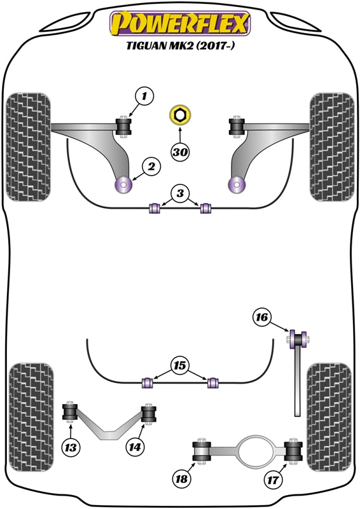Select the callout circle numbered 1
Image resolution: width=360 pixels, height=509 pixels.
click(x=144, y=97)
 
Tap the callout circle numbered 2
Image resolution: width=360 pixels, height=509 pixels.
click(x=151, y=167)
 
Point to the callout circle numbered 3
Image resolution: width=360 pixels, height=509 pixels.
click(x=181, y=193)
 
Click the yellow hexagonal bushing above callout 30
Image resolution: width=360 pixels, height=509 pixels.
click(x=181, y=116)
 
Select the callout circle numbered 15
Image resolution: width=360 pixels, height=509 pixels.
click(x=180, y=366)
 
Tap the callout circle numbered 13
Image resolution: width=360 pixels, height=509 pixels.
click(x=72, y=448)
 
